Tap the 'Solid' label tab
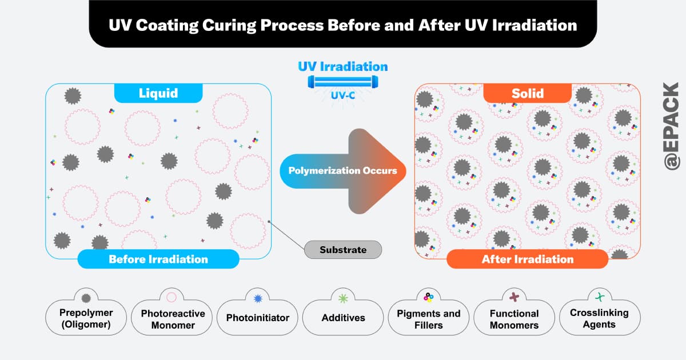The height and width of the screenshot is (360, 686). point(528,93)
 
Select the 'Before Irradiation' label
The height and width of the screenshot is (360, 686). point(158,259)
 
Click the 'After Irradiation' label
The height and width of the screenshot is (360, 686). point(527,259)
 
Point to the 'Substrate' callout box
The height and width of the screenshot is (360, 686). point(343,250)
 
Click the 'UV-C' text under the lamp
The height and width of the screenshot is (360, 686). point(343,96)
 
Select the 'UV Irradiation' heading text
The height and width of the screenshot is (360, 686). point(342,66)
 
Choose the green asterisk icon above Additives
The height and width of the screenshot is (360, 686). point(343,298)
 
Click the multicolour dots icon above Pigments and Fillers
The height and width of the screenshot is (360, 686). point(429,297)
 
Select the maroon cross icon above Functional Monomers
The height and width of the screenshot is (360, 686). point(514,297)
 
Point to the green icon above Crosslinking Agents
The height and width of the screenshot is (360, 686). point(600,297)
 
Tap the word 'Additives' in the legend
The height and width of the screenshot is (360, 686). point(343,318)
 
